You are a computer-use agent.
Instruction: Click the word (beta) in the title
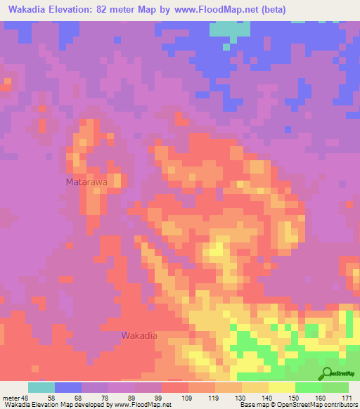(288, 10)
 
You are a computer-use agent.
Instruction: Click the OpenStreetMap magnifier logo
(328, 373)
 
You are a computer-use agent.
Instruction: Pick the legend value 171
(346, 397)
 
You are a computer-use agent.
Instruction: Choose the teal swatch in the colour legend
(41, 387)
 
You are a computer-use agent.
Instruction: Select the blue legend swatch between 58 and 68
(68, 387)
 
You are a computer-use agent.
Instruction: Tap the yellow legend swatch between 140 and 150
(282, 387)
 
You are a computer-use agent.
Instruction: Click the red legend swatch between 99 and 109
(175, 387)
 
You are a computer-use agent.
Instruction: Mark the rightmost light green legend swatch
(335, 387)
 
